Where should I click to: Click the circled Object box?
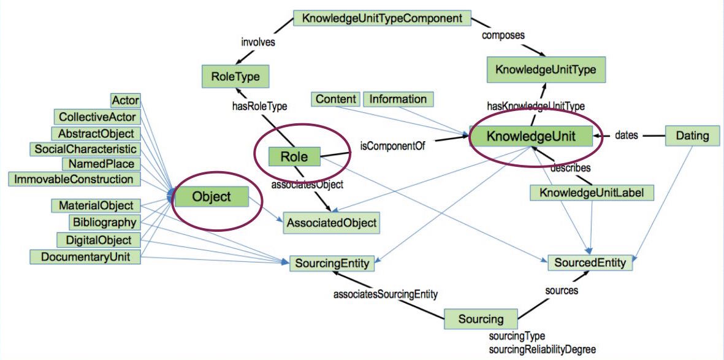click(211, 197)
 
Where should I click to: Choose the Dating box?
click(692, 135)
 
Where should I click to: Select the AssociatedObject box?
click(331, 223)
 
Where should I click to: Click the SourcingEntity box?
click(332, 264)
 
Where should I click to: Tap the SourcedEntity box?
click(590, 263)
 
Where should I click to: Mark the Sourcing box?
click(481, 319)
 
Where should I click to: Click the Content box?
click(335, 99)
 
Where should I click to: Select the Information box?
click(398, 99)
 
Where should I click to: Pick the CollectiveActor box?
click(97, 117)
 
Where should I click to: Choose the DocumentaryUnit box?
click(85, 256)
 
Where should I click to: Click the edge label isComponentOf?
click(393, 146)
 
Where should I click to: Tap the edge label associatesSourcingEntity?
click(386, 294)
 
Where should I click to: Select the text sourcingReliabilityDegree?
click(533, 349)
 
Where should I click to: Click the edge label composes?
click(503, 35)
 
